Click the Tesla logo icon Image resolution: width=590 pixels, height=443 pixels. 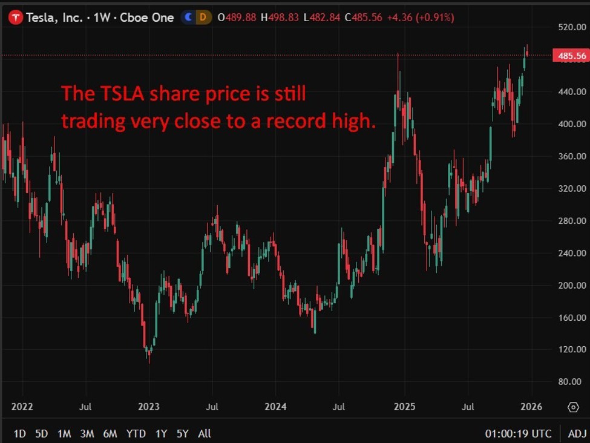[x=16, y=18]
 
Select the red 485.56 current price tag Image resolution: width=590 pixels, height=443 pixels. [x=571, y=56]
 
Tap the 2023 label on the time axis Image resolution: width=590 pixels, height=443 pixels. [x=148, y=406]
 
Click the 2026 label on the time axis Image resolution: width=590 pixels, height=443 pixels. [x=531, y=406]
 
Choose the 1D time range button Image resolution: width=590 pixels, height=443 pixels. [x=20, y=433]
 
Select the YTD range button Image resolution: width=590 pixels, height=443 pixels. [x=136, y=433]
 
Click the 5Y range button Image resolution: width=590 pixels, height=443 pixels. [x=183, y=433]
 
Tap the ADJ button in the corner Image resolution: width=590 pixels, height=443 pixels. [x=577, y=433]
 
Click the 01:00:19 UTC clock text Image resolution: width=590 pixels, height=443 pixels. [x=518, y=433]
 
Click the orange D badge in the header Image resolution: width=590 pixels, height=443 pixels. [x=205, y=18]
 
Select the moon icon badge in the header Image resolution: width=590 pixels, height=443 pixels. [x=189, y=18]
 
